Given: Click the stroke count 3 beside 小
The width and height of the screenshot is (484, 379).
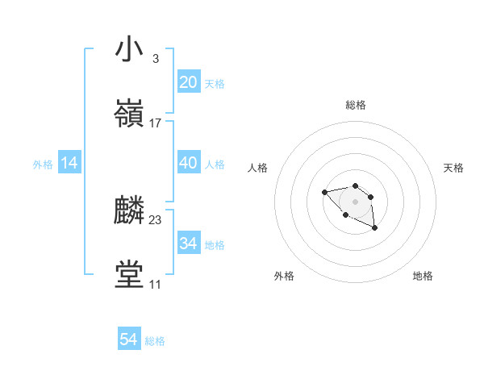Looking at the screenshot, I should click(155, 59).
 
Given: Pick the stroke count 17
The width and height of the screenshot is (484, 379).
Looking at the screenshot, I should click(156, 123).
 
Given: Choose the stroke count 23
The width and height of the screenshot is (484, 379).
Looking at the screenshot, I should click(156, 220).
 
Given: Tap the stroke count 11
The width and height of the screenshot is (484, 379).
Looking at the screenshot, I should click(155, 285).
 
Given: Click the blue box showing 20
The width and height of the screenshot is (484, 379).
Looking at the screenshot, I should click(188, 82).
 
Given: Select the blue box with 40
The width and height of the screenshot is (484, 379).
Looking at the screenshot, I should click(188, 163).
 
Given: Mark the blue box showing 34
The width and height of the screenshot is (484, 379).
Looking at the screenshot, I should click(188, 244).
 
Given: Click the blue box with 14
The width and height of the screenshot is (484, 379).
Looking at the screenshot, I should click(69, 164).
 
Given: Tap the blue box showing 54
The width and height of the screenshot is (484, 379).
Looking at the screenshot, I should click(129, 339).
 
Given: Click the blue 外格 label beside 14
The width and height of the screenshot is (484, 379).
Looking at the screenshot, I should click(43, 165).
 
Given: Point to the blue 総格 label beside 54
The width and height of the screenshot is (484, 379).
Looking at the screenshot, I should click(155, 341).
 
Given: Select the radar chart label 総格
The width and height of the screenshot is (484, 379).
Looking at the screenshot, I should click(356, 106).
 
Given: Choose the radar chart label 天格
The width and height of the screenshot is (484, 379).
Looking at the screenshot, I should click(453, 168).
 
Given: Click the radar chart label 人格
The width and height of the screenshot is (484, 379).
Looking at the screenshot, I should click(258, 168).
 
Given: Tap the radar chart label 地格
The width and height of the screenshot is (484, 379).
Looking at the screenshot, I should click(423, 277).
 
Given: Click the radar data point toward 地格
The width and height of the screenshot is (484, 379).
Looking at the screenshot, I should click(375, 229).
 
